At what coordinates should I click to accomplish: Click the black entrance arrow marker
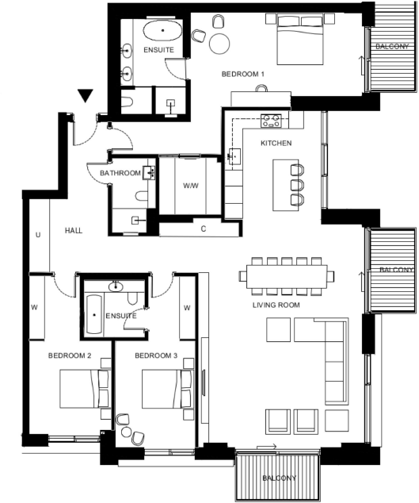(86, 96)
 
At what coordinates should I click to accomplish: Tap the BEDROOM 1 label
(242, 74)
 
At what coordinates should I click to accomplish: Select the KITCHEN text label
(276, 143)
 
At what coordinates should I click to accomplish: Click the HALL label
(74, 230)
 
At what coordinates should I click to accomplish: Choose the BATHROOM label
(120, 173)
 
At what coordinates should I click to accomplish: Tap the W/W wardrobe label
(191, 186)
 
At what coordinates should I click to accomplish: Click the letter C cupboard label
(204, 229)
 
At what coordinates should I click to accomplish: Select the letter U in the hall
(37, 235)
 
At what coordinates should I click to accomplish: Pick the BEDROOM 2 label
(70, 355)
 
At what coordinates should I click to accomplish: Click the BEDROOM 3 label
(156, 355)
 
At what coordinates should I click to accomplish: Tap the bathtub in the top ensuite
(164, 33)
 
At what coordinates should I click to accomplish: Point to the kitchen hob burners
(272, 120)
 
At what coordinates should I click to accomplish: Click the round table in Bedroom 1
(219, 43)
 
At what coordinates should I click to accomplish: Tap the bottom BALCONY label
(278, 478)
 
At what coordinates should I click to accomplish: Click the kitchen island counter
(286, 185)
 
